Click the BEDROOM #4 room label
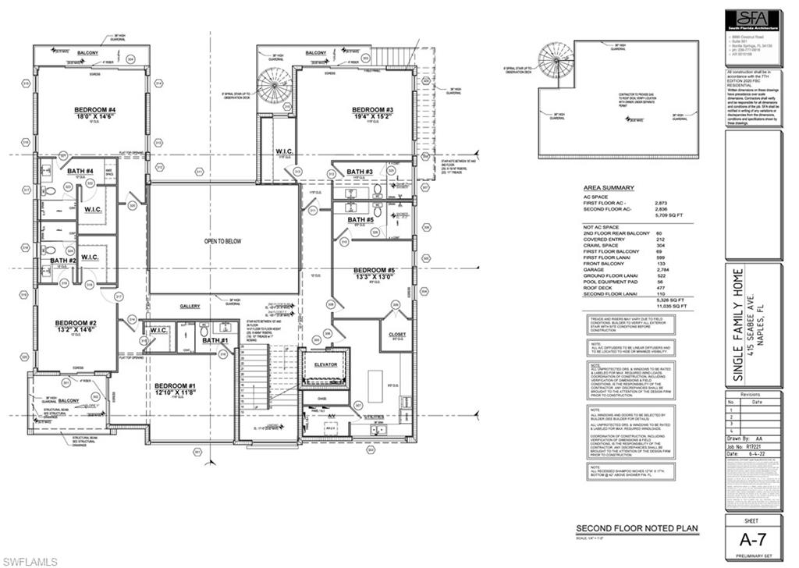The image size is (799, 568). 95,109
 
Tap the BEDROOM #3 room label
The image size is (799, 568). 372,109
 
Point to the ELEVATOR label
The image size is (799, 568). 325,364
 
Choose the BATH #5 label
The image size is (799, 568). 360,222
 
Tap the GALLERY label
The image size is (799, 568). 190,307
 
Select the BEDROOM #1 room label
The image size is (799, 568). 175,386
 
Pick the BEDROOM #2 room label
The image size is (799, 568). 75,323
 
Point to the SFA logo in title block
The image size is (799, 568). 753,20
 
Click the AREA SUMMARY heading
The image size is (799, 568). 609,188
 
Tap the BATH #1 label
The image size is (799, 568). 215,341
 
